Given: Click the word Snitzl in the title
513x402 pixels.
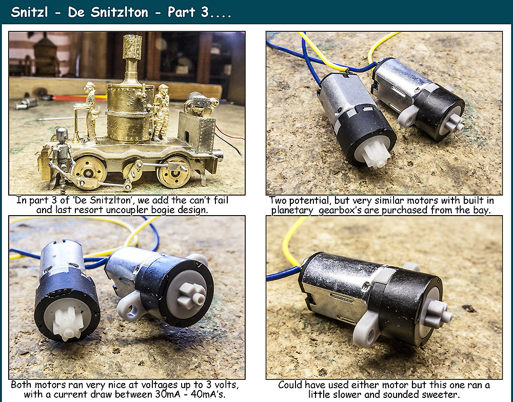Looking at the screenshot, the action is (29, 12).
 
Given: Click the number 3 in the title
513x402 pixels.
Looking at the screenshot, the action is (205, 12).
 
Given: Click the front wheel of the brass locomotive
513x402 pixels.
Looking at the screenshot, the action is (89, 173).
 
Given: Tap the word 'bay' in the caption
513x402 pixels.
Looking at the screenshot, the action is (482, 210).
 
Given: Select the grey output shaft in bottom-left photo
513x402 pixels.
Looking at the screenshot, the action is (192, 296).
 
